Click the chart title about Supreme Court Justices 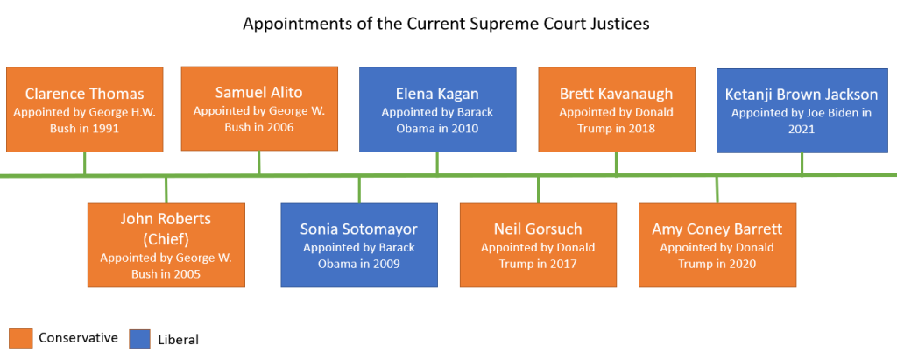point(446,24)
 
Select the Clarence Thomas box point(84,109)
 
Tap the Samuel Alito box point(258,109)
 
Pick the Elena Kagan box point(437,109)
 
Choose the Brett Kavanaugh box point(616,109)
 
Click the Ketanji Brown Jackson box point(802,109)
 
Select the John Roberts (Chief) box point(166,244)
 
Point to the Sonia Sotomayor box point(359,244)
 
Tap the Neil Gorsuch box point(538,244)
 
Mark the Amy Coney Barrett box point(717,244)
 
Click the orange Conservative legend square point(21,338)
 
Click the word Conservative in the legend point(79,338)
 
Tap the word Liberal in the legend point(179,339)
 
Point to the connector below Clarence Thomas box point(84,164)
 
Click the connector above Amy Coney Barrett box point(717,189)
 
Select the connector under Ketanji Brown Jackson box point(802,164)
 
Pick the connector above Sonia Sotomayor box point(359,189)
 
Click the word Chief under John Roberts point(166,238)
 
